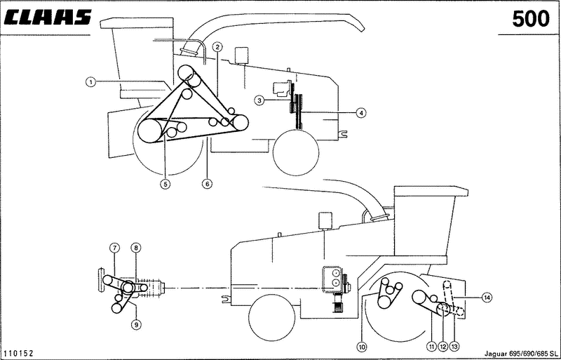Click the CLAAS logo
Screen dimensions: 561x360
tap(47, 18)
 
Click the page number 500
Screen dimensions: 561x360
tap(531, 19)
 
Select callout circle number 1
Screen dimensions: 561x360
tap(91, 82)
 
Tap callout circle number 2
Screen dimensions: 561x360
tap(217, 46)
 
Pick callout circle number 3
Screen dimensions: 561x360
tap(259, 100)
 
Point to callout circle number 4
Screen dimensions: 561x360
tap(361, 113)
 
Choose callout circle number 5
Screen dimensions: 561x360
tap(165, 184)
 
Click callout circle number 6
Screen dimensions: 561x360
tap(207, 184)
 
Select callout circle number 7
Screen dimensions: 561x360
tap(114, 248)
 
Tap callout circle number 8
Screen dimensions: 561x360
tap(136, 248)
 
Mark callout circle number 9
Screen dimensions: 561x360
tap(136, 325)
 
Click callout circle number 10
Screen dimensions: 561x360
tap(362, 347)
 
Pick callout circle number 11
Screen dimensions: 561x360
tap(431, 347)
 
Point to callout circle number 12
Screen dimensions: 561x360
tap(443, 347)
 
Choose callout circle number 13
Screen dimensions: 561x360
tap(454, 347)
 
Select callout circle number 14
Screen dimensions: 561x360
tap(486, 298)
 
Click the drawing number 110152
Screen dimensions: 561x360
tap(18, 354)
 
